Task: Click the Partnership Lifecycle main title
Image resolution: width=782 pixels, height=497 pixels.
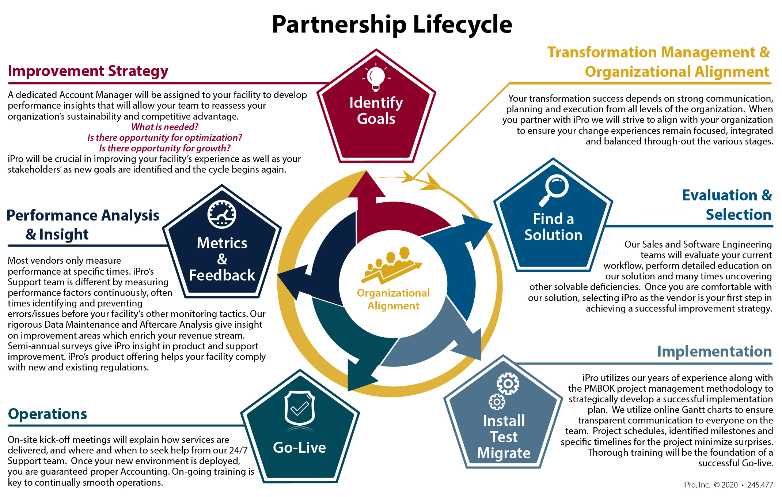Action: pos(392,25)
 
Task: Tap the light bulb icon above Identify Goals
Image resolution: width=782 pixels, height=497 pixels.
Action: pos(376,78)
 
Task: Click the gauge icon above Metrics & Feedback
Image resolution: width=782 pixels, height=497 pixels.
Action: pos(222,214)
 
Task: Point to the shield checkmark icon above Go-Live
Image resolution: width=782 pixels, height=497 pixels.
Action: pos(300,408)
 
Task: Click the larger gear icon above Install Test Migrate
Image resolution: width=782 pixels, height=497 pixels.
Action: pos(508,383)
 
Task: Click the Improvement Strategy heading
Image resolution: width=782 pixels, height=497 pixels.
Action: pos(88,71)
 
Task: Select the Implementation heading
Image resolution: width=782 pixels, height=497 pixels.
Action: pos(714,351)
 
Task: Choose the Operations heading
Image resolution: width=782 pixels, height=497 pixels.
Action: pos(48,414)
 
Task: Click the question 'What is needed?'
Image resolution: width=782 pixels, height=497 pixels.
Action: pos(165,127)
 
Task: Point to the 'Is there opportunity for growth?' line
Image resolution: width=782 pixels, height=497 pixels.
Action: pos(165,148)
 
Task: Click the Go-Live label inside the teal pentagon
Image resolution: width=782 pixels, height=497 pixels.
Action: pos(299,448)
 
